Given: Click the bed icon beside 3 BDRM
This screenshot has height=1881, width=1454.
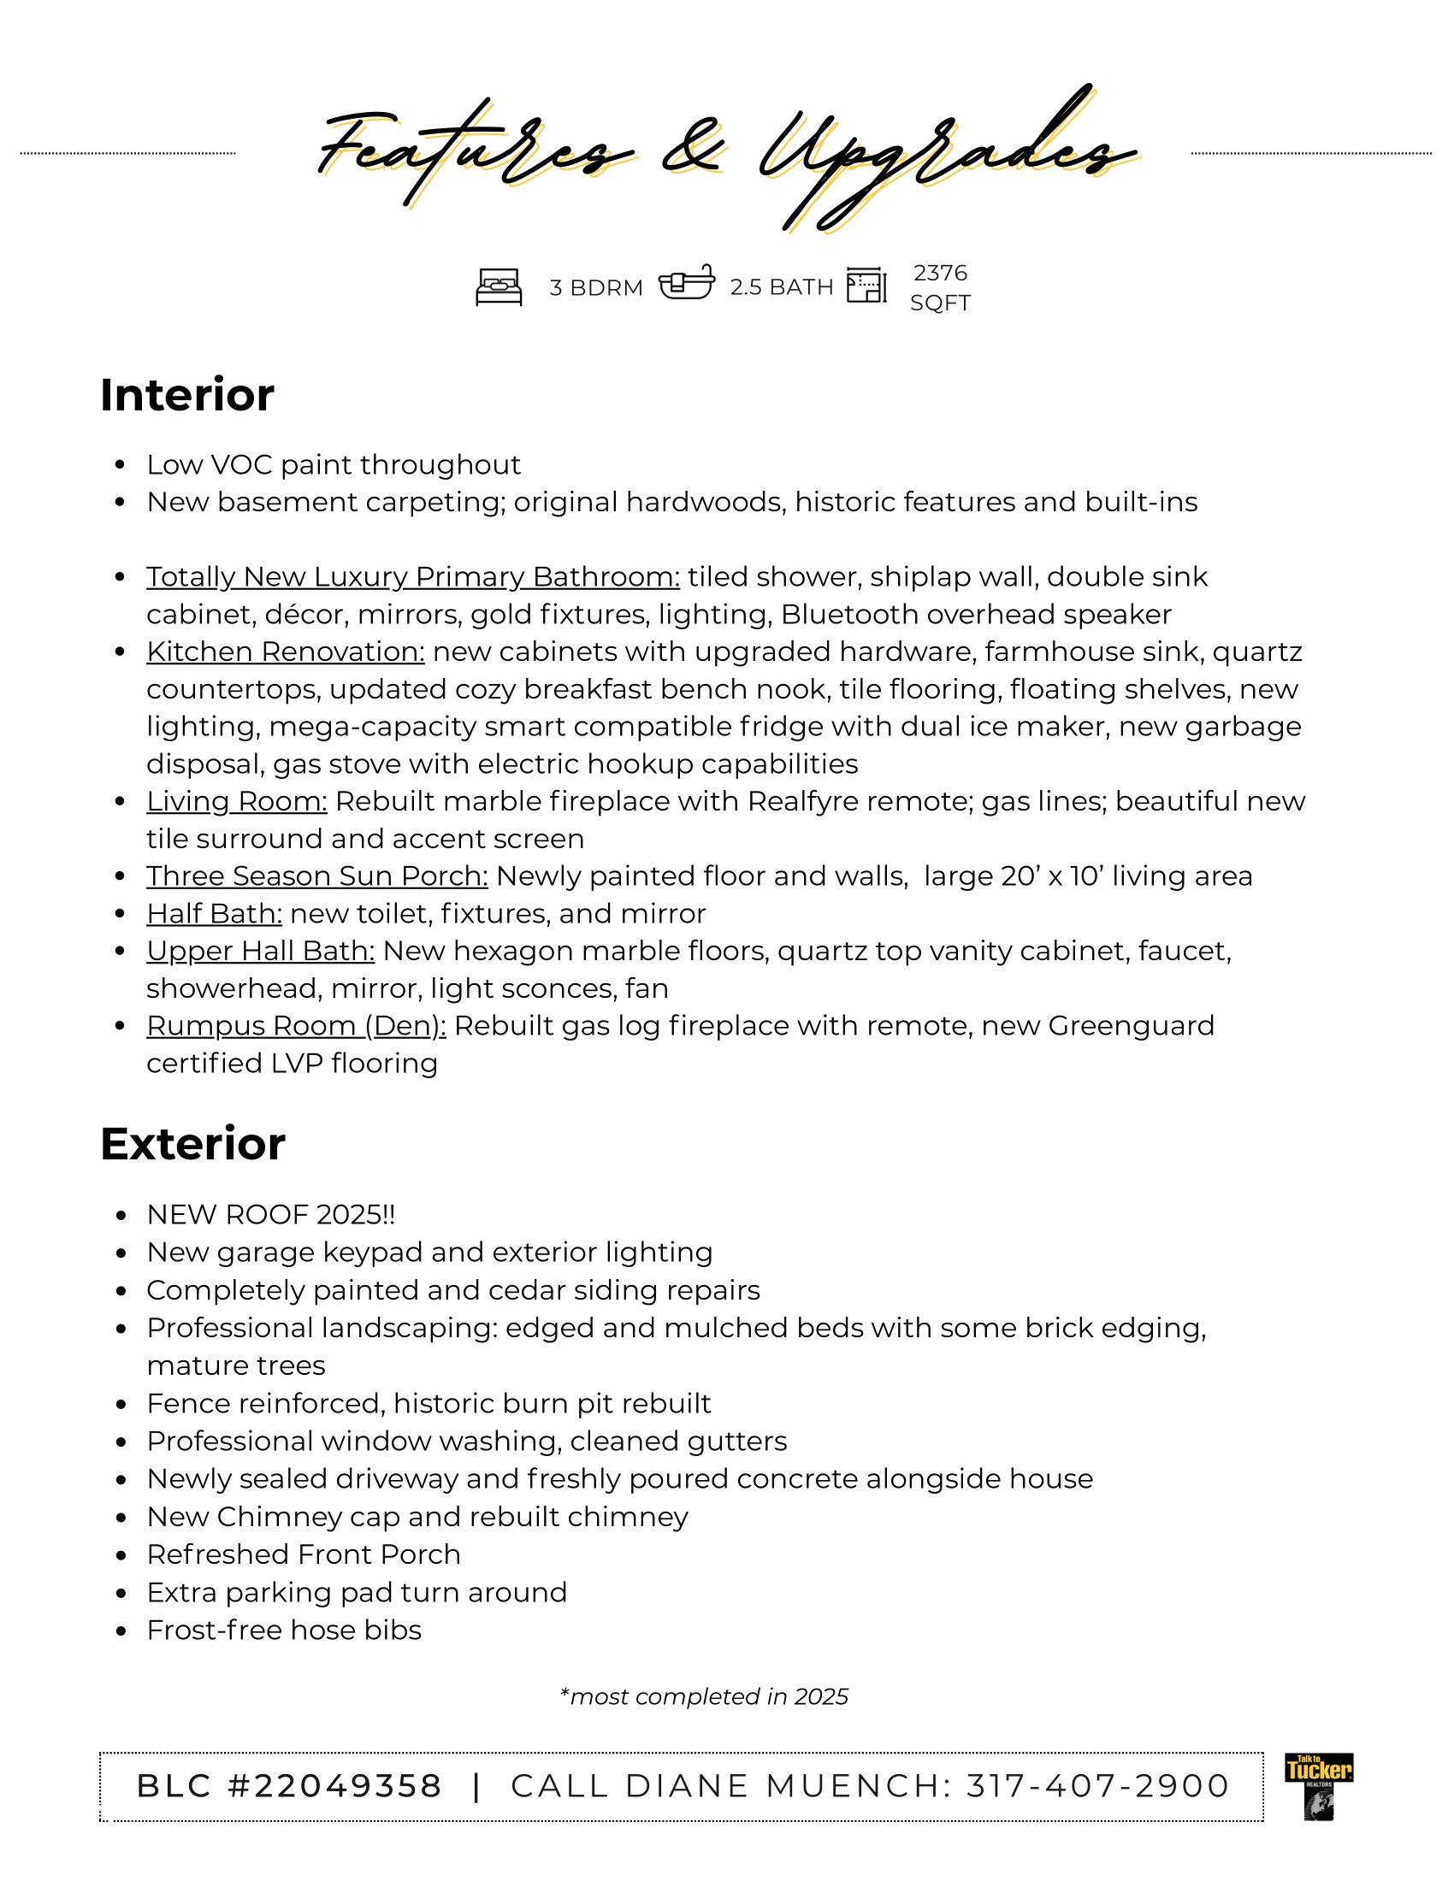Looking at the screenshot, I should click(499, 286).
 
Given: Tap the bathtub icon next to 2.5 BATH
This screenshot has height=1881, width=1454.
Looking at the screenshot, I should click(687, 281).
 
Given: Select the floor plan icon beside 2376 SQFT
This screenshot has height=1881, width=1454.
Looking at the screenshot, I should click(866, 285).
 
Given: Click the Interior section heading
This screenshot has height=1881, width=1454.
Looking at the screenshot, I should click(187, 395).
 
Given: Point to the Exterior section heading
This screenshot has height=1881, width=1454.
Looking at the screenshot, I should click(192, 1145).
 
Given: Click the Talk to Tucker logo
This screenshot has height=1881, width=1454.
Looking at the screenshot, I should click(1318, 1786).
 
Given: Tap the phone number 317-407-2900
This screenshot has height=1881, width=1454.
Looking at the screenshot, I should click(1098, 1786).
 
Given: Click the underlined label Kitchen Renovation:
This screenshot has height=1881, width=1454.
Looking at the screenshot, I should click(285, 652).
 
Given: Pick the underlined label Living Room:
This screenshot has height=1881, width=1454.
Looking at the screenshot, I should click(237, 802).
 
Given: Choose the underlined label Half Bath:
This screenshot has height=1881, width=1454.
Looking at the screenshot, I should click(215, 914).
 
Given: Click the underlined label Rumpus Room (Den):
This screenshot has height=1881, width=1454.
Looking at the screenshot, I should click(296, 1026).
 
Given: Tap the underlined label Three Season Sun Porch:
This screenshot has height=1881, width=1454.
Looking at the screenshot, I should click(317, 876).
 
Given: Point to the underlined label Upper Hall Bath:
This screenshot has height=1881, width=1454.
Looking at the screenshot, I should click(260, 951).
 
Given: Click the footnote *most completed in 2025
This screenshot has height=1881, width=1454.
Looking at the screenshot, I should click(704, 1696).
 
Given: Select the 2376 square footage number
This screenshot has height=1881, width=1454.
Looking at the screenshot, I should click(940, 273).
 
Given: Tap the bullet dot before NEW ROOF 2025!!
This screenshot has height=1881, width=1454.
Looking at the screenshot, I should click(121, 1216).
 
